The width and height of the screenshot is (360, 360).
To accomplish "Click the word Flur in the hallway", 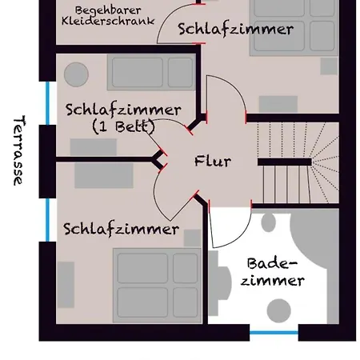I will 212,161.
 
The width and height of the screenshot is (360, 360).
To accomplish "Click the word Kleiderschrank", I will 107,22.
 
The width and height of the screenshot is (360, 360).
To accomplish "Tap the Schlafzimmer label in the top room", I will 235,30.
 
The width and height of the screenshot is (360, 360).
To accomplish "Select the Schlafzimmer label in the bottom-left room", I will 121,230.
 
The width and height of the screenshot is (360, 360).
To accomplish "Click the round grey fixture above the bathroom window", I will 278,310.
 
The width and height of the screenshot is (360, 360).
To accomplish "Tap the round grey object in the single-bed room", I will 76,74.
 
